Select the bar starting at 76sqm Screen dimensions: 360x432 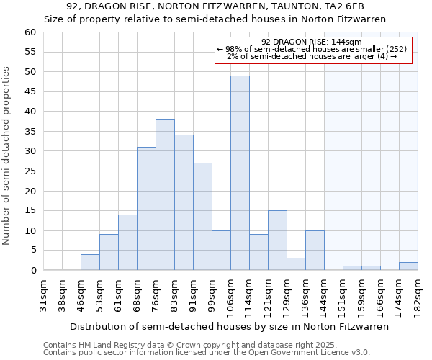click(165, 194)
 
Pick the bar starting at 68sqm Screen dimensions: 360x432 click(146, 209)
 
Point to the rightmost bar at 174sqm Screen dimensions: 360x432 click(408, 266)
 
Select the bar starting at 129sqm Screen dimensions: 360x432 click(296, 264)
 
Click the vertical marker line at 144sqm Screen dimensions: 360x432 click(325, 166)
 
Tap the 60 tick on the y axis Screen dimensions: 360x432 click(30, 32)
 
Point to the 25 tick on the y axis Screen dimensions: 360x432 click(30, 171)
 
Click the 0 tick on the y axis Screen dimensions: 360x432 click(32, 271)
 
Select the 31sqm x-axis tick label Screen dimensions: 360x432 click(43, 294)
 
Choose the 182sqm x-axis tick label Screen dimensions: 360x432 click(418, 294)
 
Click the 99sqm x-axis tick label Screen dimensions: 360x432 click(212, 294)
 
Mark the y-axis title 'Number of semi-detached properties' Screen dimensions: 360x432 click(6, 156)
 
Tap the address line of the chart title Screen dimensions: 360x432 click(215, 6)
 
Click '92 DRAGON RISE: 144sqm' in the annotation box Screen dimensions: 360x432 click(312, 42)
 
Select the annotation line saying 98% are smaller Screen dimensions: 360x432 click(312, 49)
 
